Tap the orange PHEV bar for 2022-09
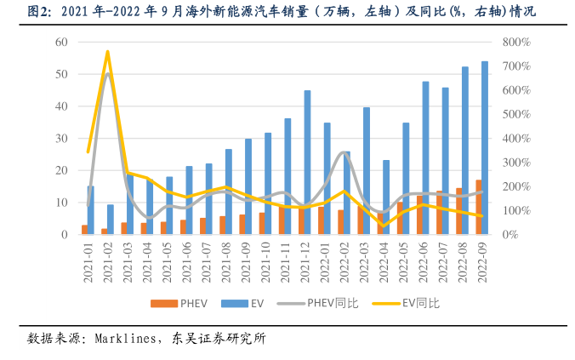tap(478, 207)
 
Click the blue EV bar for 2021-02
tap(110, 219)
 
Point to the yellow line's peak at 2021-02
tap(107, 52)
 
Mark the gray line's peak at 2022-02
tap(342, 152)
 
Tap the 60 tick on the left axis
tap(61, 42)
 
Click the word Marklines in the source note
tap(123, 338)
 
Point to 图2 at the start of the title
tap(37, 12)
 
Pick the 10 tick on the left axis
tap(61, 203)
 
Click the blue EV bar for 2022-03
tap(367, 170)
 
